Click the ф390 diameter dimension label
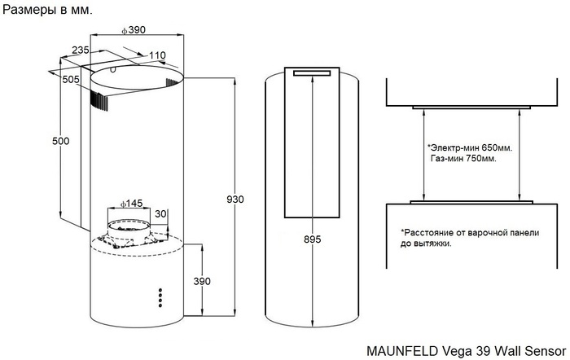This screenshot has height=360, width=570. (133, 30)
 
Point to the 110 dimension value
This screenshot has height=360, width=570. (157, 55)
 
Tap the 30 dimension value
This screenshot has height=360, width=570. (160, 213)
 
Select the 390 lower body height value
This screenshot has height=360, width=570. (201, 281)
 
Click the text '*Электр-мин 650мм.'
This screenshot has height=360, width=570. (469, 148)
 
